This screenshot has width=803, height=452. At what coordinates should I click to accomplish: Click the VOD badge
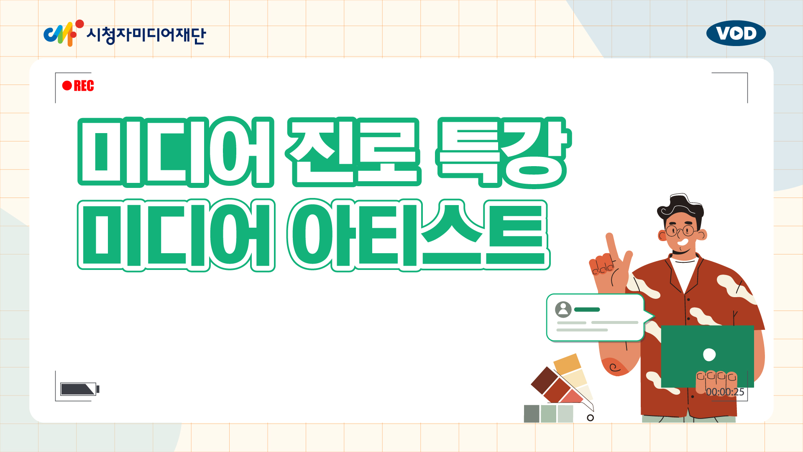coord(736,33)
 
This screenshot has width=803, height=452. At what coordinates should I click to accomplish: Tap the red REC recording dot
coord(67,86)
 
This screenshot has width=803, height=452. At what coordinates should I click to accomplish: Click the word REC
coord(84,86)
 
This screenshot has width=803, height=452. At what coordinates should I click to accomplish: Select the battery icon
coord(79,389)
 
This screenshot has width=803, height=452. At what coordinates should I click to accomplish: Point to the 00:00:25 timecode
coord(725,392)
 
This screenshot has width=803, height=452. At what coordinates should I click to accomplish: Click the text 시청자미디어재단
coord(146,35)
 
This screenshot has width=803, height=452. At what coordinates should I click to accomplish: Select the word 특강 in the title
coord(503,152)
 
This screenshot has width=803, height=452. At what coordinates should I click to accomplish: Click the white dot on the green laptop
coord(709,354)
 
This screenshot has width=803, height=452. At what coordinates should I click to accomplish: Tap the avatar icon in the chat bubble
coord(563,310)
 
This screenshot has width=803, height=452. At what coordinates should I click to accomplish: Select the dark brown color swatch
coord(544,380)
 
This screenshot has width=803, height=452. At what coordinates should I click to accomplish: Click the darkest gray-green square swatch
coord(532,413)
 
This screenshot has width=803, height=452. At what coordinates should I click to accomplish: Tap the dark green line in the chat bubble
coord(587,310)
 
